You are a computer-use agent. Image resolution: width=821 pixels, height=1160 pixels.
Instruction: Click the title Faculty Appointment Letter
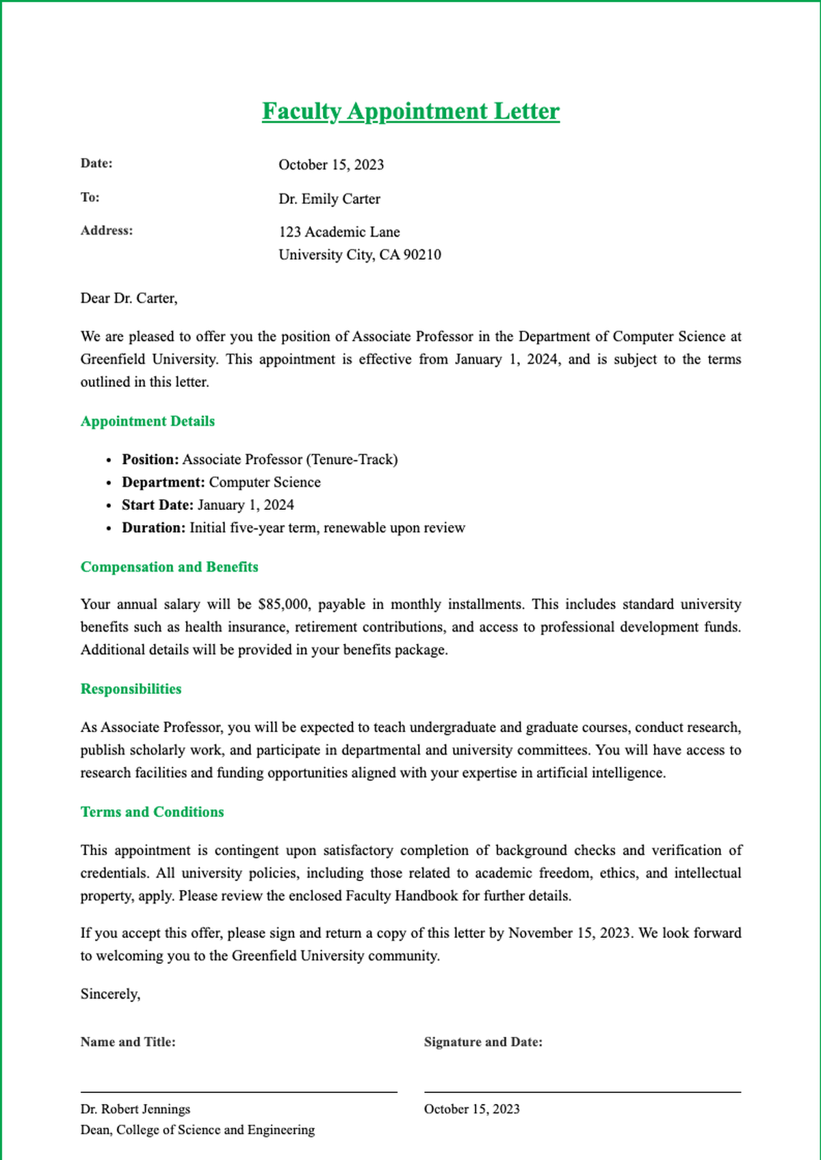pos(410,111)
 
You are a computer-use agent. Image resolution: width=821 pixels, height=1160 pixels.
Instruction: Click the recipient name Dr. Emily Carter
pos(329,199)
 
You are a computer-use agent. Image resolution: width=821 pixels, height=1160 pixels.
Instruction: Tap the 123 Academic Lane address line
pos(339,232)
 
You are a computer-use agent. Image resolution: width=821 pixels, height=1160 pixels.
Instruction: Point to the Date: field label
pos(96,163)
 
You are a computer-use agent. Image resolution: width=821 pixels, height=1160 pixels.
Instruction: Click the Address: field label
pos(107,230)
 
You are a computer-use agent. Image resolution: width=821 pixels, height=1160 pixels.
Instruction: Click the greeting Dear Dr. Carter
pos(129,298)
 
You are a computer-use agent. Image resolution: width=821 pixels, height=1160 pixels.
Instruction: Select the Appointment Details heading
pos(148,421)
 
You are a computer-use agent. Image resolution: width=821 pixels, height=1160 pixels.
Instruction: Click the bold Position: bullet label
pos(151,459)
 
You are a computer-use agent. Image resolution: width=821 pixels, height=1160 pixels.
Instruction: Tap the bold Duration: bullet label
pos(153,528)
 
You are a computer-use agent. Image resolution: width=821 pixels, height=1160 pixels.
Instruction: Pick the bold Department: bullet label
pos(164,483)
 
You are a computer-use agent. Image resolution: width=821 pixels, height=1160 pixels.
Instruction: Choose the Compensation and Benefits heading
pos(169,567)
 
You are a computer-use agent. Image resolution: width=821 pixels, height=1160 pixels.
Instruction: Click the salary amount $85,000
pos(284,604)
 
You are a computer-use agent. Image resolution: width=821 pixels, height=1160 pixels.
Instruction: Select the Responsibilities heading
pos(131,689)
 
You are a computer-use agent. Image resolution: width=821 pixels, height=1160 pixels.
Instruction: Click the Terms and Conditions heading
pos(152,812)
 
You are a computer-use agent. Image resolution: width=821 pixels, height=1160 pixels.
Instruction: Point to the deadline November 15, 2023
pos(569,933)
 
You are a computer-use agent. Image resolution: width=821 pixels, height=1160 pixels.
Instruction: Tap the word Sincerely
pos(110,995)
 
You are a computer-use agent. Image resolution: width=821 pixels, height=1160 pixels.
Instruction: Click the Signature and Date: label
pos(483,1042)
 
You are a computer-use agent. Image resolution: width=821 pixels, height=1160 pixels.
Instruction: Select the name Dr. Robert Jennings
pos(135,1109)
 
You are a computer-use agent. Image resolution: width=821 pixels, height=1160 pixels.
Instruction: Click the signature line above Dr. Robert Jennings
pos(239,1092)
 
